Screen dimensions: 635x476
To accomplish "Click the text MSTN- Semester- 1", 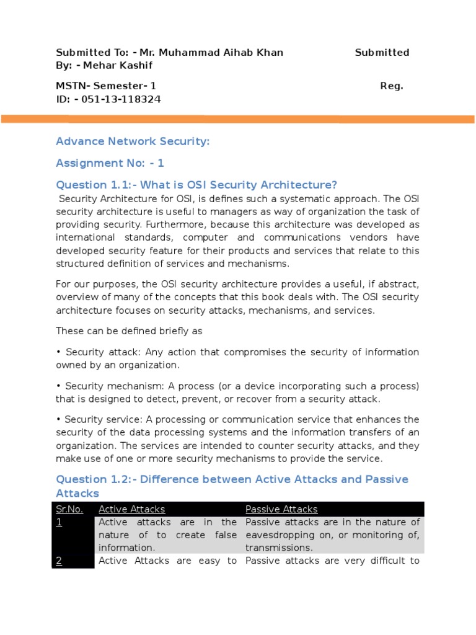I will tap(106, 86).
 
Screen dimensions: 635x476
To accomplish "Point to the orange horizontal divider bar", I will tap(238, 119).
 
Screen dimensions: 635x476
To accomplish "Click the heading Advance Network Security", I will tap(133, 142).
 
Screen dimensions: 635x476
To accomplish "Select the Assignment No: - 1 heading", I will tap(110, 164).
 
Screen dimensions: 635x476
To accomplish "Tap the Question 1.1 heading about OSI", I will tap(196, 185).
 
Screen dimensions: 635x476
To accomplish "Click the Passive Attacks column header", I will tap(281, 510).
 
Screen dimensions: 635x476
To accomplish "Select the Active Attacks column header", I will tap(132, 510).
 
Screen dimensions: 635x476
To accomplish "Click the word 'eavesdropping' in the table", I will tap(278, 535).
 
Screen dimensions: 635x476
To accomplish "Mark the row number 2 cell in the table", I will tap(59, 561).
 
